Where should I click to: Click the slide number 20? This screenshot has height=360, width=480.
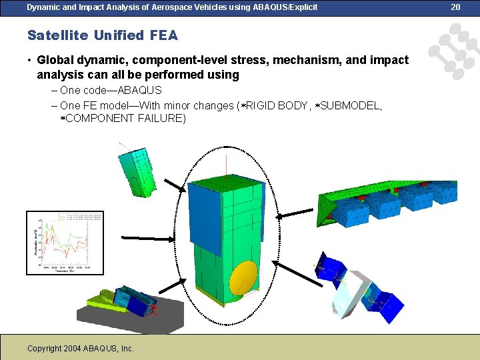[x=456, y=7]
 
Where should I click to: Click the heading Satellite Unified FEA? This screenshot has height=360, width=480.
[x=103, y=35]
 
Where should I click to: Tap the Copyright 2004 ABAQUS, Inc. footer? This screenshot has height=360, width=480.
[x=81, y=348]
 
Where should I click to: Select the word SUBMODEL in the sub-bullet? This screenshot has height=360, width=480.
[x=351, y=105]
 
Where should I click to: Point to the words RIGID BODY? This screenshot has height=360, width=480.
[x=273, y=105]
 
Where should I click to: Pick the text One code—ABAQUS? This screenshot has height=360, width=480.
[x=111, y=91]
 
